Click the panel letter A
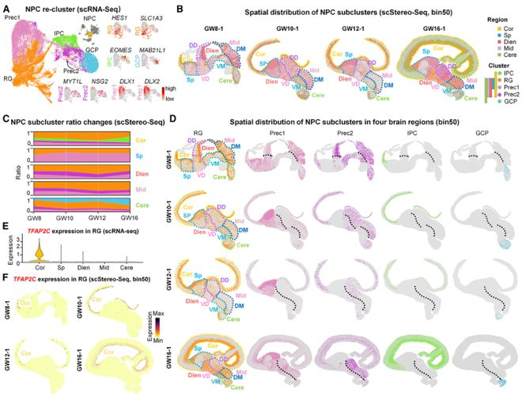(6, 8)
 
